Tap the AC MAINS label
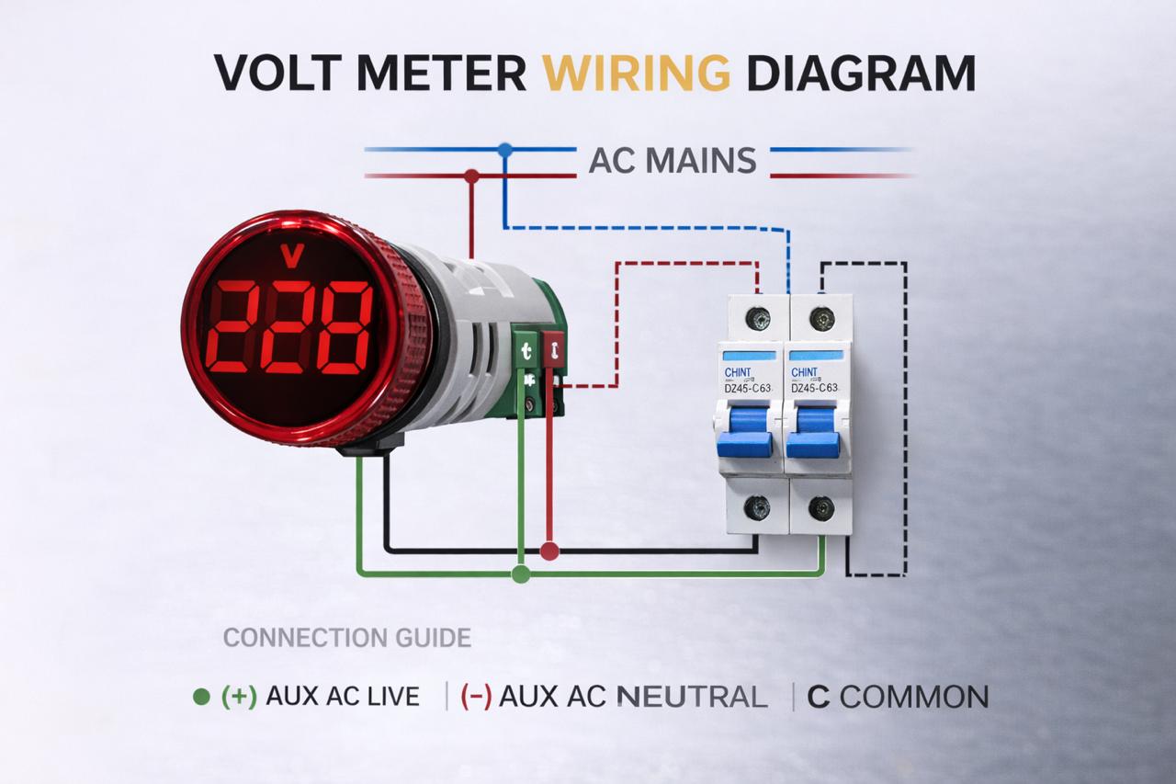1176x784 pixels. (x=672, y=161)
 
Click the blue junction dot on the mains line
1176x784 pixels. (x=503, y=148)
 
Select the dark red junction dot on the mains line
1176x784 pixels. (x=471, y=175)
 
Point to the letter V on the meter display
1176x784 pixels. (x=292, y=256)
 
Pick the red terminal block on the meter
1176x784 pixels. (x=553, y=350)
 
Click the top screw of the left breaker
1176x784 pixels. (x=758, y=319)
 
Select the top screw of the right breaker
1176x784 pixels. (x=820, y=319)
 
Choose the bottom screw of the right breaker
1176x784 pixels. (x=820, y=506)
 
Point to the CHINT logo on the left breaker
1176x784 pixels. (x=738, y=372)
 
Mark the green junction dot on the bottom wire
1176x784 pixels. (x=520, y=574)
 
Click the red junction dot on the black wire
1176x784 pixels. (x=549, y=551)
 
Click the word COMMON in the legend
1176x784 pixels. (x=914, y=697)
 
